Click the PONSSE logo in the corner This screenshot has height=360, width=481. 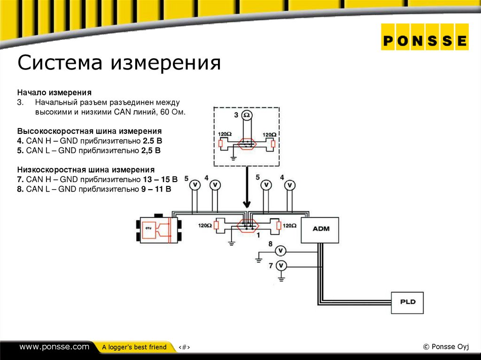point(425,40)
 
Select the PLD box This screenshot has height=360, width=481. point(408,302)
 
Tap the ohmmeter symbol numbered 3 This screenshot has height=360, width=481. point(247,115)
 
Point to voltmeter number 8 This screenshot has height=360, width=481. point(280,250)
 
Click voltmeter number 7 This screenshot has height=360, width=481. point(281,266)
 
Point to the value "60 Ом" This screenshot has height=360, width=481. point(173,113)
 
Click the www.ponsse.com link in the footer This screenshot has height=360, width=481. point(54,347)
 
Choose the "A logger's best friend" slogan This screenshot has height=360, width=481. point(134,347)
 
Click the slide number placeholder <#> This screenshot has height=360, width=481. point(184,347)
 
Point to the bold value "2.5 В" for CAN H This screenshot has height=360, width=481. point(153,141)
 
